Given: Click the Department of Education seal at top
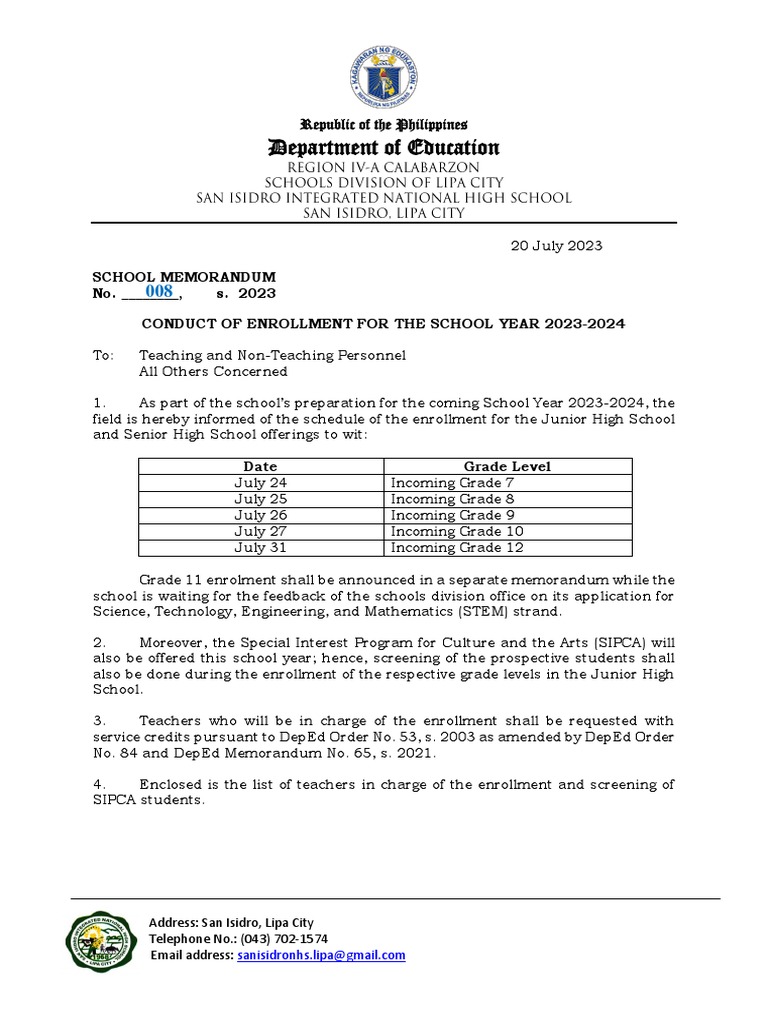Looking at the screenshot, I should click(x=384, y=78).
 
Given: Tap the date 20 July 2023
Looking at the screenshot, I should click(x=557, y=246).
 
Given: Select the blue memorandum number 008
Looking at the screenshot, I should click(x=159, y=292).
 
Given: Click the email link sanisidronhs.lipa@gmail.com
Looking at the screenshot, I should click(x=321, y=955).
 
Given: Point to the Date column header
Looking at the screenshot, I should click(x=260, y=467).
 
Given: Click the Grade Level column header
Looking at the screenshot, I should click(x=507, y=467).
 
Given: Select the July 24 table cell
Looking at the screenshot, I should click(x=260, y=483).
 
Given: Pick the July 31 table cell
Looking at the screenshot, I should click(x=260, y=548).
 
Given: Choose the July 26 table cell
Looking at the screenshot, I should click(x=260, y=515).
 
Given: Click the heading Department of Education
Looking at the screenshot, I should click(x=384, y=148).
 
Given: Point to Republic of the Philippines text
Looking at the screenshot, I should click(x=384, y=125).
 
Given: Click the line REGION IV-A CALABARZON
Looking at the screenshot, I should click(x=384, y=167).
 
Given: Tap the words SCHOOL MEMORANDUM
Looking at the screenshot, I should click(x=184, y=276).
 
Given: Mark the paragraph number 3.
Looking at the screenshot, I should click(x=98, y=721).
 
